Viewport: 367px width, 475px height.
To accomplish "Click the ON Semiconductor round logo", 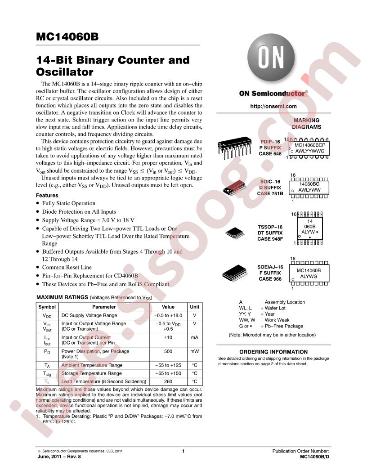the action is (271, 58).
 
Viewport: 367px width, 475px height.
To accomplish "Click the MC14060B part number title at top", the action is (67, 36).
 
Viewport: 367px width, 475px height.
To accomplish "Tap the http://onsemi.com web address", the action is (273, 106).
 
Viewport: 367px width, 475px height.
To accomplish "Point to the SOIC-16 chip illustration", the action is (234, 188).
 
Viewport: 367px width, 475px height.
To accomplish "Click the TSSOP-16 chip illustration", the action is (234, 233).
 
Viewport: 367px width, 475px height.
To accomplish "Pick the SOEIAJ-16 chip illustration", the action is (234, 273).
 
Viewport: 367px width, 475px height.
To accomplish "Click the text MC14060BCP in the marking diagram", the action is (310, 145).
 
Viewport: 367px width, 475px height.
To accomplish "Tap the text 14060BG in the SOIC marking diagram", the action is (309, 184).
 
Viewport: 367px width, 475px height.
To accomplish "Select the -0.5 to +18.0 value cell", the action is (168, 315).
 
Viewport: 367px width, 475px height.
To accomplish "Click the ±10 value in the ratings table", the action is (168, 337).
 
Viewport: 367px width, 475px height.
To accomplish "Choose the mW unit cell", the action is (194, 351).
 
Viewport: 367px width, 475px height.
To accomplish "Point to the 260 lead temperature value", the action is (168, 382).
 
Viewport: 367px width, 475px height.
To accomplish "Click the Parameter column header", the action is (104, 307).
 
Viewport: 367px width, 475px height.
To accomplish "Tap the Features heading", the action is (47, 195).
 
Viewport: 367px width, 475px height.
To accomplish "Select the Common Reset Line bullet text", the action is (67, 267).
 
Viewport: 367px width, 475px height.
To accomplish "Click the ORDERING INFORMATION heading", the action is (273, 352).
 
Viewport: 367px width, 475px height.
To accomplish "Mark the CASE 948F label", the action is (270, 239).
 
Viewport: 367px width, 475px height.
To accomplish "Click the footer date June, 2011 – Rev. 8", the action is (59, 457).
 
